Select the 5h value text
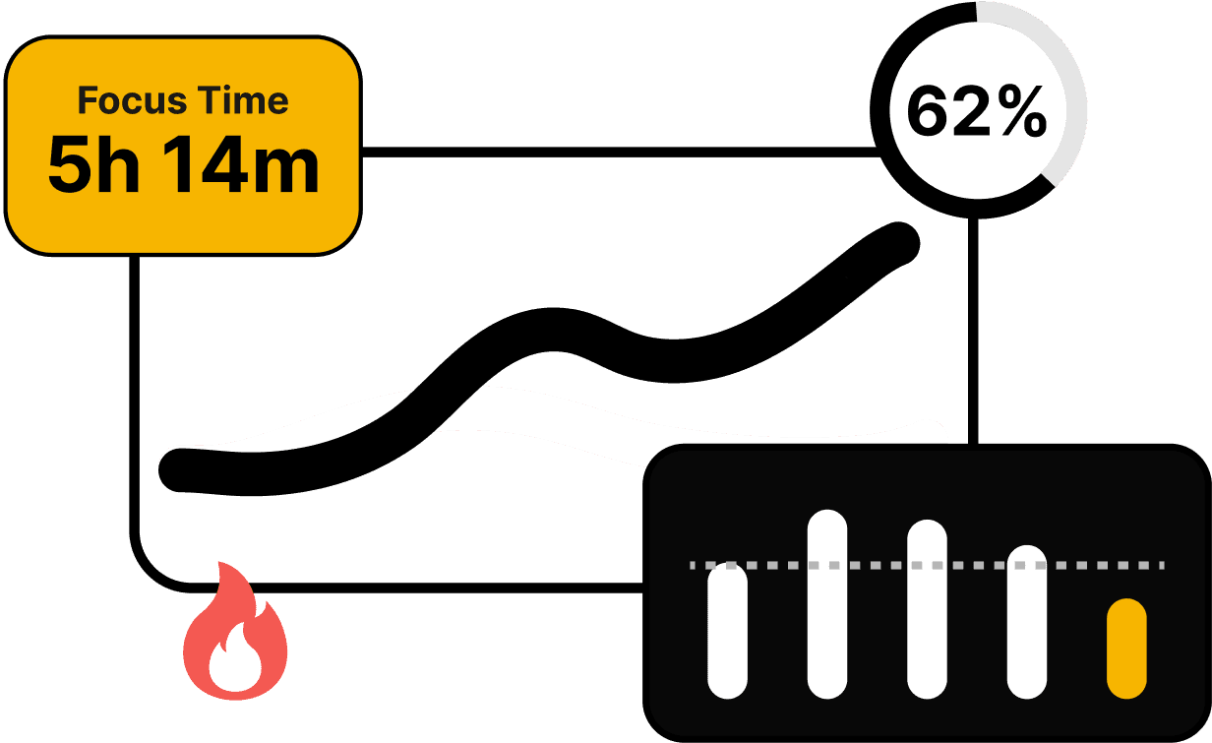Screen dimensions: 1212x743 [x=92, y=166]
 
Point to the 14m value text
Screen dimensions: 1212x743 [x=241, y=166]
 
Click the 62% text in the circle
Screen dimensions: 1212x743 [x=976, y=112]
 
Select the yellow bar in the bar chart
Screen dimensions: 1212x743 [x=1126, y=649]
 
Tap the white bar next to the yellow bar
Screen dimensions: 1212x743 [x=1027, y=621]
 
